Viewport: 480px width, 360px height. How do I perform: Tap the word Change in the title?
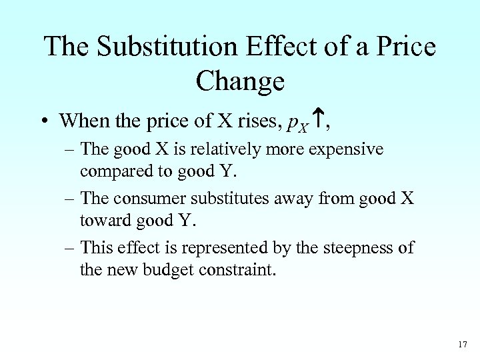tap(240, 81)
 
